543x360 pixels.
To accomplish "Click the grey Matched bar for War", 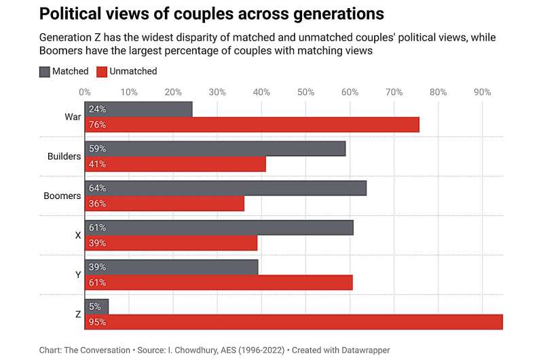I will [x=138, y=109].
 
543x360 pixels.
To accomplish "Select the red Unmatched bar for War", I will [x=252, y=125].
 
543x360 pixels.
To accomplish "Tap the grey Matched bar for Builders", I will [x=215, y=149].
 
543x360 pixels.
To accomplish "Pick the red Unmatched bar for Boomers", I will [x=164, y=204].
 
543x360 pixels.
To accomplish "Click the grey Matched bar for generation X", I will [x=219, y=228].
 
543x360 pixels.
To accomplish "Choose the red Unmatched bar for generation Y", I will [x=219, y=283].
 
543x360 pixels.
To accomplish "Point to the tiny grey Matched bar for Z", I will [x=96, y=306].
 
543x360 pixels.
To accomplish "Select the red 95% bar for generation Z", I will [x=293, y=322].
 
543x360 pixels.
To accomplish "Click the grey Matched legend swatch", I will [x=45, y=71].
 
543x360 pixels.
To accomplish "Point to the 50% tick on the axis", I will [x=305, y=92].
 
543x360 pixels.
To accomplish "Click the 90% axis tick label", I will [x=482, y=92].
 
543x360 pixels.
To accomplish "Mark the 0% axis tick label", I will [x=85, y=92].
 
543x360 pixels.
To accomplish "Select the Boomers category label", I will [x=62, y=196].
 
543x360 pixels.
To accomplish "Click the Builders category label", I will [x=64, y=157].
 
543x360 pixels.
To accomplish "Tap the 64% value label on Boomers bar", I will [x=97, y=188].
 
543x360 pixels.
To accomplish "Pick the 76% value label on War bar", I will [x=97, y=125].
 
